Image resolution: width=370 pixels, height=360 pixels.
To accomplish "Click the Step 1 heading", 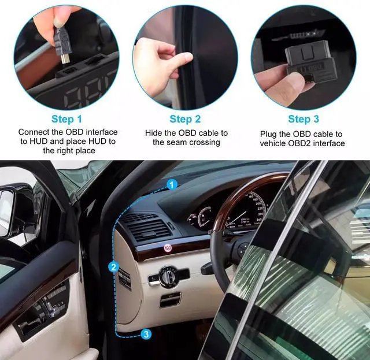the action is (x=67, y=119).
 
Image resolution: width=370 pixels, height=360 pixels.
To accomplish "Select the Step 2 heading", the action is (x=185, y=119).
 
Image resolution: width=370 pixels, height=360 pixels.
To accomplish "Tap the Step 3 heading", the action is (x=304, y=119).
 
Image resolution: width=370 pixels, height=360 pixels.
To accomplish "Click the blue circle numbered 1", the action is (x=172, y=185).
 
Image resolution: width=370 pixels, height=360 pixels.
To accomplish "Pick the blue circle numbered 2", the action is (x=113, y=268).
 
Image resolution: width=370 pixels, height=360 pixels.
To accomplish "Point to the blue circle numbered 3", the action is (x=146, y=334).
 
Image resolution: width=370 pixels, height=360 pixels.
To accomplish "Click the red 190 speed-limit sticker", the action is (x=168, y=248).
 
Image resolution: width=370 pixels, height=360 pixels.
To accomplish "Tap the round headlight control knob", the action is (x=168, y=275).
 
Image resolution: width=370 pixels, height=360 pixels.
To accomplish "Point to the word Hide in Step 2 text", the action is (x=154, y=133).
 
